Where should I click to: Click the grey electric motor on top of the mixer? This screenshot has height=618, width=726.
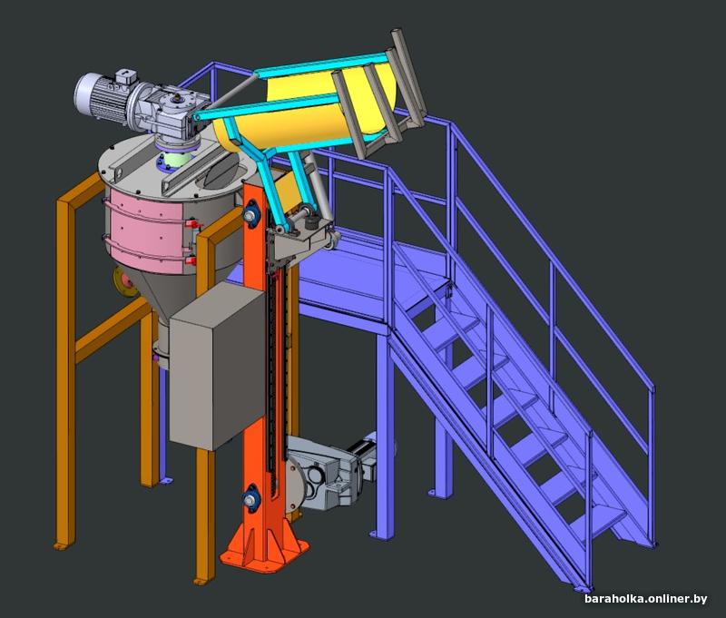(x=104, y=95)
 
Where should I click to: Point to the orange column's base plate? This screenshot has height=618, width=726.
(x=264, y=554)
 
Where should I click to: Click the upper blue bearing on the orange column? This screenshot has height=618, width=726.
(x=250, y=214)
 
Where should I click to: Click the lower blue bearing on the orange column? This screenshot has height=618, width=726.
(x=250, y=498)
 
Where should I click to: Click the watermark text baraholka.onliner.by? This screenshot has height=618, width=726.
(x=645, y=599)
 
